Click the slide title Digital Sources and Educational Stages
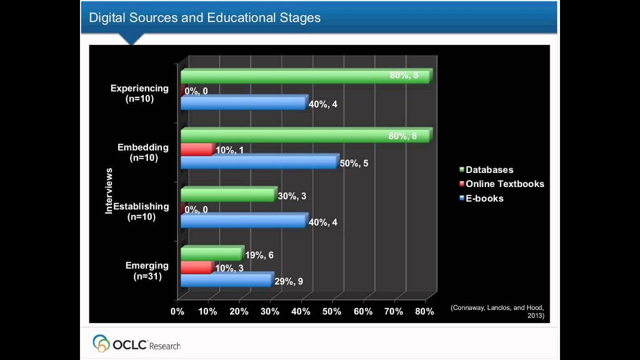pyautogui.click(x=204, y=18)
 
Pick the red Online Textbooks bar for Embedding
pyautogui.click(x=196, y=149)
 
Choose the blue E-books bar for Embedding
pyautogui.click(x=258, y=162)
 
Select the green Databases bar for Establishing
pyautogui.click(x=227, y=195)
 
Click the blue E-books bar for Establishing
pyautogui.click(x=243, y=221)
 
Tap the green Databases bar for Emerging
pyautogui.click(x=211, y=254)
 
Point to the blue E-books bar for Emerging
pyautogui.click(x=226, y=280)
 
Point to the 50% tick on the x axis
pyautogui.click(x=332, y=311)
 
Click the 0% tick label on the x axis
pyautogui.click(x=177, y=311)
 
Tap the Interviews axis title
pyautogui.click(x=109, y=191)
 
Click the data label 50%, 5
pyautogui.click(x=353, y=163)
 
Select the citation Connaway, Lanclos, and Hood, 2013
pyautogui.click(x=496, y=311)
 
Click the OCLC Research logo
pyautogui.click(x=136, y=343)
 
